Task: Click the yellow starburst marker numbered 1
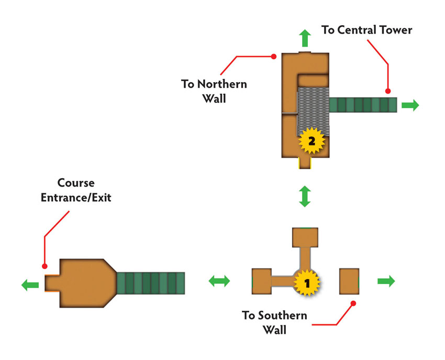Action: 307,283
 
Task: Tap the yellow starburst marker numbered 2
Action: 311,140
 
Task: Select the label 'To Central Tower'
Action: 366,30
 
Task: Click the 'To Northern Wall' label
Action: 214,91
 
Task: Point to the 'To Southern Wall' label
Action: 274,322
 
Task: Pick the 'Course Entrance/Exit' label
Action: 76,190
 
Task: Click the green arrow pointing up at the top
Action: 305,38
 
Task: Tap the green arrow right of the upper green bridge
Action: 410,105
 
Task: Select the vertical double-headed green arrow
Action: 305,197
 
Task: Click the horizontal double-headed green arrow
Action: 219,281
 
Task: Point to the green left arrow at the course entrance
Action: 30,285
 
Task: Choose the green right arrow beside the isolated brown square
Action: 386,281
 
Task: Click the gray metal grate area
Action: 313,112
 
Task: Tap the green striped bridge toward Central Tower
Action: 363,105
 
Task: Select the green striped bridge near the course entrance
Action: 151,283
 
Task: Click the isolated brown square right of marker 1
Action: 349,281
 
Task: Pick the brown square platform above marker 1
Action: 305,237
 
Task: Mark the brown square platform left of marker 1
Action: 262,281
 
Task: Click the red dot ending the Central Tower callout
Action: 388,91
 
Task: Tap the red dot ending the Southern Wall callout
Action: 353,303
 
